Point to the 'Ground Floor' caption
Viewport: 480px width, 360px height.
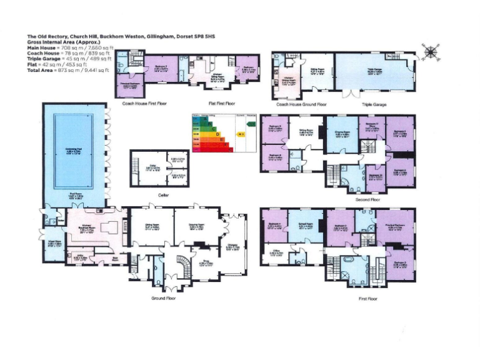164,299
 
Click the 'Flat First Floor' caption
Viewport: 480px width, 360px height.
221,104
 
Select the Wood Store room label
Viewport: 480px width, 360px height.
54,245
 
